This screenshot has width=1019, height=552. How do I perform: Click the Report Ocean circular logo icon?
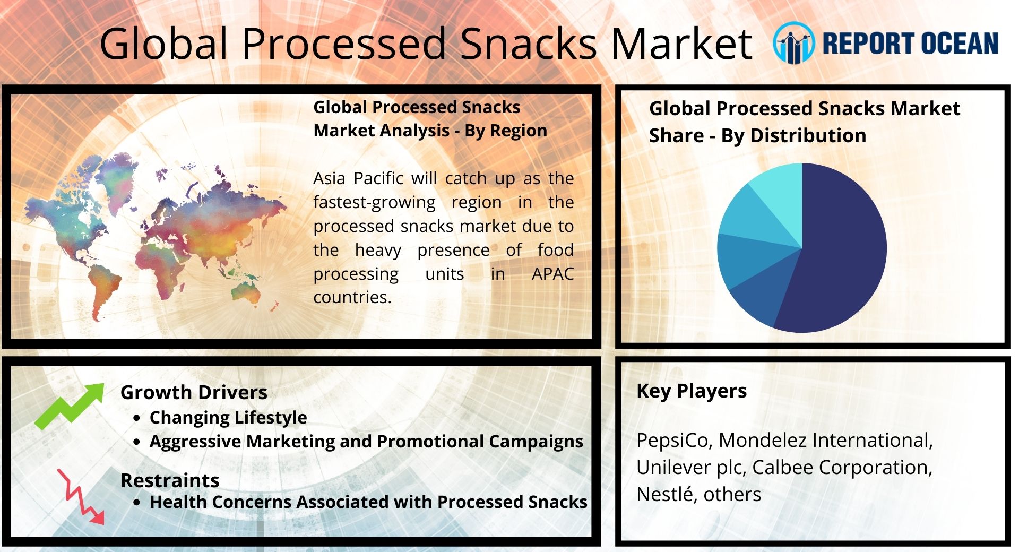pos(793,43)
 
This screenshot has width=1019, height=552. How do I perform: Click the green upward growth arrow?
pos(70,406)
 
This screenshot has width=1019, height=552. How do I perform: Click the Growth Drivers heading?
pos(194,392)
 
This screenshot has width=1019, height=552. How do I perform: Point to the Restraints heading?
pos(170,480)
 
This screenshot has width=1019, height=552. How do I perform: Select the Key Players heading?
pos(692,391)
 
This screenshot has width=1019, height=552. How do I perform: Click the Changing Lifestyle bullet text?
pos(228,418)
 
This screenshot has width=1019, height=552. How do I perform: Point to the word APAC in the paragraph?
pos(552,274)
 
